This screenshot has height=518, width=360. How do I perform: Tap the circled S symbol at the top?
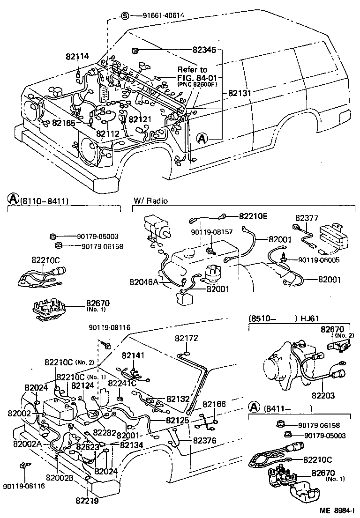click(x=125, y=15)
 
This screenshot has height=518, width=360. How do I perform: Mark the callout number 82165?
click(x=63, y=123)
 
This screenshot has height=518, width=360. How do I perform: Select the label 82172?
click(x=187, y=338)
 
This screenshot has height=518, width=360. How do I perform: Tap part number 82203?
click(x=322, y=396)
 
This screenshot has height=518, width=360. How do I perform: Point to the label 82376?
click(x=205, y=441)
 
